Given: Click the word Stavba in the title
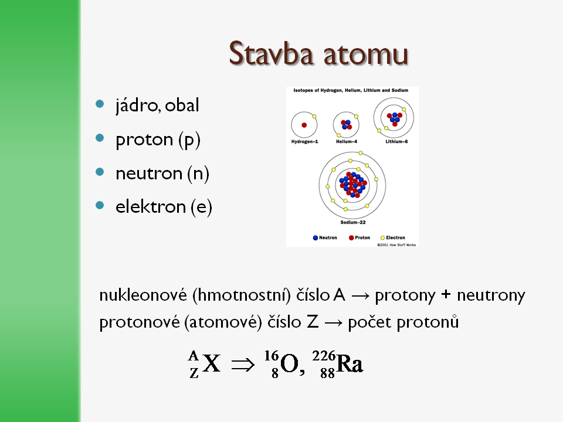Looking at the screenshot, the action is [x=271, y=53].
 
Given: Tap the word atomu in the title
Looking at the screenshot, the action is [x=366, y=55].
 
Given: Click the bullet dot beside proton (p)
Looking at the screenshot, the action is [x=100, y=138].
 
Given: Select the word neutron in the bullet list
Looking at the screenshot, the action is [x=149, y=173].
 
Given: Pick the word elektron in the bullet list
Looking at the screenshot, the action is [x=151, y=207].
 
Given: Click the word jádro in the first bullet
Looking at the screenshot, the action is [x=137, y=105].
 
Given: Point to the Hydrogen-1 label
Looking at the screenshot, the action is [x=304, y=142].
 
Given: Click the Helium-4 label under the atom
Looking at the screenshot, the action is [x=347, y=142].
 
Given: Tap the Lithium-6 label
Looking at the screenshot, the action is [x=396, y=142].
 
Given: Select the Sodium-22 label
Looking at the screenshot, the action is [x=353, y=223].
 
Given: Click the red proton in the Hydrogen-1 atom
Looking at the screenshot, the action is [x=304, y=125].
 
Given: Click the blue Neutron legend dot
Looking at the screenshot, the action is [x=316, y=237].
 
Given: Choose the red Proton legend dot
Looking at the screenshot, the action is [x=351, y=237].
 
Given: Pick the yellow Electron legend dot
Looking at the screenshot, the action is [x=382, y=237].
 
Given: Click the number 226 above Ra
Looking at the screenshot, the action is [x=324, y=356].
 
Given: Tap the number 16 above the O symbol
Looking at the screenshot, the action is [x=272, y=356].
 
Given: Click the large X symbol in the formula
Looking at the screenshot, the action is [x=211, y=363].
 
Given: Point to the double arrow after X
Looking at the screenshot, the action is [x=243, y=365].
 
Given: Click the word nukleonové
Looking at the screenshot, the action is [x=143, y=295].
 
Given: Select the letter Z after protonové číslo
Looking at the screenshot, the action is [x=313, y=322].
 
